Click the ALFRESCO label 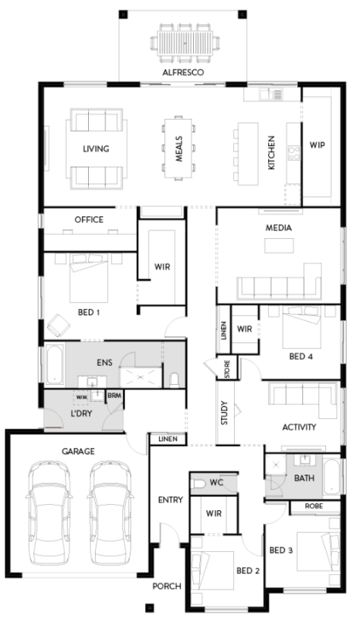pyautogui.click(x=183, y=73)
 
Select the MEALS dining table pyautogui.click(x=178, y=148)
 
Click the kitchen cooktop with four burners pyautogui.click(x=294, y=153)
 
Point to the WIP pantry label pyautogui.click(x=317, y=145)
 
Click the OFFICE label pyautogui.click(x=89, y=220)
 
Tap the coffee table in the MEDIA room pyautogui.click(x=280, y=246)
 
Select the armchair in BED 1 pyautogui.click(x=59, y=325)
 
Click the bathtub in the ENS pyautogui.click(x=54, y=365)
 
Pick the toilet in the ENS pyautogui.click(x=175, y=380)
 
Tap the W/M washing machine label pyautogui.click(x=82, y=397)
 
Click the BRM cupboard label pyautogui.click(x=114, y=396)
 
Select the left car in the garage pyautogui.click(x=49, y=512)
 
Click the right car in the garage pyautogui.click(x=110, y=512)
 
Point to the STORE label pyautogui.click(x=227, y=368)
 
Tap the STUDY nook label pyautogui.click(x=224, y=414)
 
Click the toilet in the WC pyautogui.click(x=198, y=484)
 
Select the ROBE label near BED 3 pyautogui.click(x=314, y=506)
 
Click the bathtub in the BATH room pyautogui.click(x=331, y=477)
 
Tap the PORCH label pyautogui.click(x=167, y=586)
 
